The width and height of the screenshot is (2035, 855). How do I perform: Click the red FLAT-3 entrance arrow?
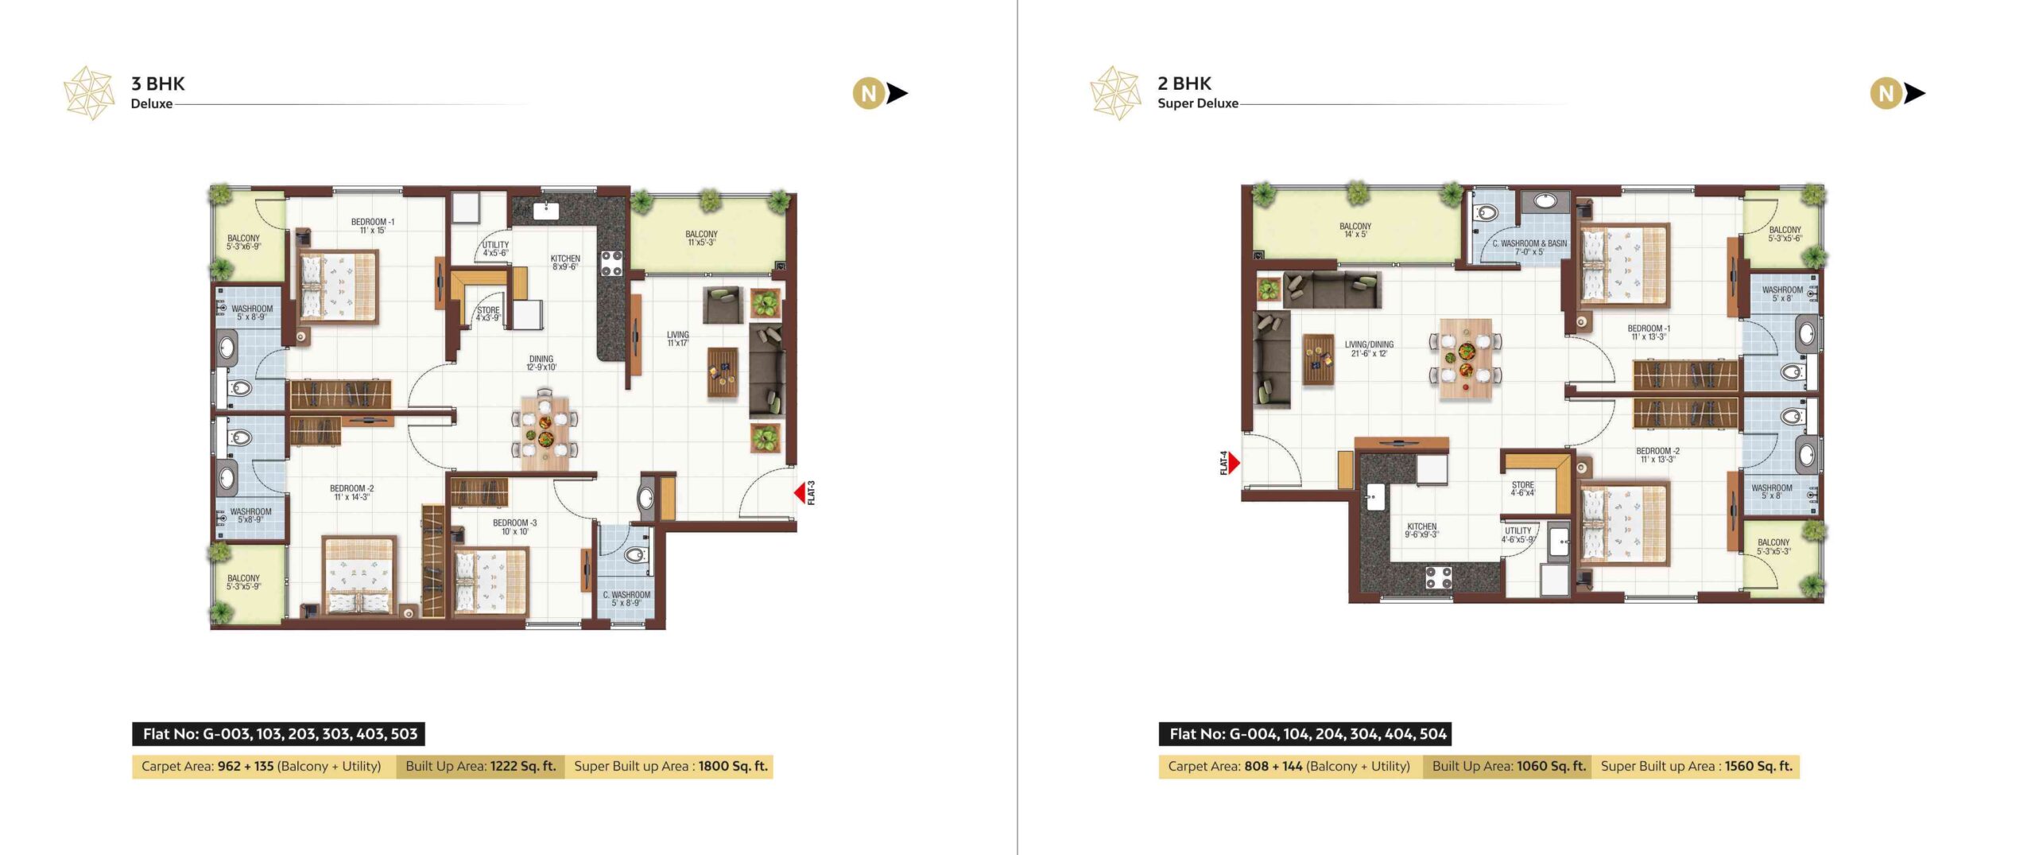click(800, 493)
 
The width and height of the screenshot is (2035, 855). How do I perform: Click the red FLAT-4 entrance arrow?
click(1235, 462)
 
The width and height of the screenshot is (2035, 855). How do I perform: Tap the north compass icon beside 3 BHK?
click(880, 94)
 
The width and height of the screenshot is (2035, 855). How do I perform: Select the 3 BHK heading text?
click(157, 84)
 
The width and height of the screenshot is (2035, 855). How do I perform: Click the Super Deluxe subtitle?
click(1198, 103)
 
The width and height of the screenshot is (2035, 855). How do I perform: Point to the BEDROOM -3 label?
click(514, 523)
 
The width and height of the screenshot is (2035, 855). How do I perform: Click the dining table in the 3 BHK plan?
click(545, 426)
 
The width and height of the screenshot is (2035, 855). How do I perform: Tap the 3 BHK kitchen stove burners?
click(611, 263)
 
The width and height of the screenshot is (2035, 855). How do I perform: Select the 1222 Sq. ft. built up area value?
click(523, 766)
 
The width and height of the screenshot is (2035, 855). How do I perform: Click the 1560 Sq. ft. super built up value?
click(1758, 766)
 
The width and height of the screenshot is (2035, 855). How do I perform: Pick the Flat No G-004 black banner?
click(1305, 733)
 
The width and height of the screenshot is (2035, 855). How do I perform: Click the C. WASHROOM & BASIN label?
click(1529, 243)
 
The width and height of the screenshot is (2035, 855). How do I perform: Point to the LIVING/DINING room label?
click(1369, 344)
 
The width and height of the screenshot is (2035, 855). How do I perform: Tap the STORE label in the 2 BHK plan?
click(1523, 484)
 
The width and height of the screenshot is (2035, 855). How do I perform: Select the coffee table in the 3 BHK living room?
click(723, 372)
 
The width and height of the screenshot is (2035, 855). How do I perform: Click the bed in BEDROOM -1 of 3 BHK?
click(338, 286)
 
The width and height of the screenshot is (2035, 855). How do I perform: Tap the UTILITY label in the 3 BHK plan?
click(495, 245)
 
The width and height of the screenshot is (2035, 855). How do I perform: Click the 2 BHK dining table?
click(1466, 358)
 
